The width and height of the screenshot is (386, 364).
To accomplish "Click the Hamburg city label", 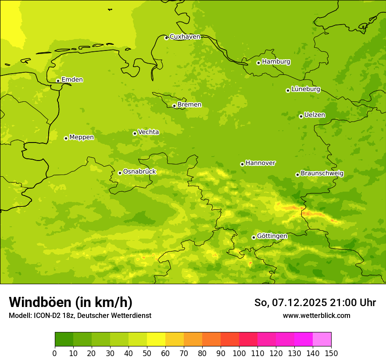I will pos(276,62).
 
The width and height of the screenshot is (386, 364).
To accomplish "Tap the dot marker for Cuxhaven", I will pos(166,38).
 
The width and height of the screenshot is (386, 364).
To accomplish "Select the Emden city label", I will pos(72,80).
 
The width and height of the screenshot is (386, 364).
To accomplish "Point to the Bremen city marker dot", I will pos(174,106).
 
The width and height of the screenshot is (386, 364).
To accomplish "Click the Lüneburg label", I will pos(305,89).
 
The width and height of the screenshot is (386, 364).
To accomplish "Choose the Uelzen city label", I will pos(315,115).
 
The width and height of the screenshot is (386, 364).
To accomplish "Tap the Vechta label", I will pos(148,132).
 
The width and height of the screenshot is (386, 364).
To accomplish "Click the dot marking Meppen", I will pos(66,138).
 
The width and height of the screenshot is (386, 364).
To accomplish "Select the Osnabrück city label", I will pos(139,171).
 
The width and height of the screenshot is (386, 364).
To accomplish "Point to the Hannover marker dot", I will pos(242,164).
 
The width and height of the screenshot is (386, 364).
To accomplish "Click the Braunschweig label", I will pos(322,173).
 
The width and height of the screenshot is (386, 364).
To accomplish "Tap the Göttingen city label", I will pos(272,236).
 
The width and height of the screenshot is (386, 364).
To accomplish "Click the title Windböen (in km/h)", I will pos(71,302).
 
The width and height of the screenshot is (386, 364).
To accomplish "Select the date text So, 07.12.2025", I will pos(291,303).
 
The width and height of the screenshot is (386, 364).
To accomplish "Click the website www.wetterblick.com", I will pos(316,315).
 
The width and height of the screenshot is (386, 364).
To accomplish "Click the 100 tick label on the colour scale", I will pos(239,353).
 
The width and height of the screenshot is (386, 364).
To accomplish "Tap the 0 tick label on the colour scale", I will pos(55,353).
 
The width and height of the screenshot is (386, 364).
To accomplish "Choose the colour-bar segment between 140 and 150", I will pos(322,339).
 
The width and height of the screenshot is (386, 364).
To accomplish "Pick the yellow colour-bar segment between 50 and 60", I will pos(156,339).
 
